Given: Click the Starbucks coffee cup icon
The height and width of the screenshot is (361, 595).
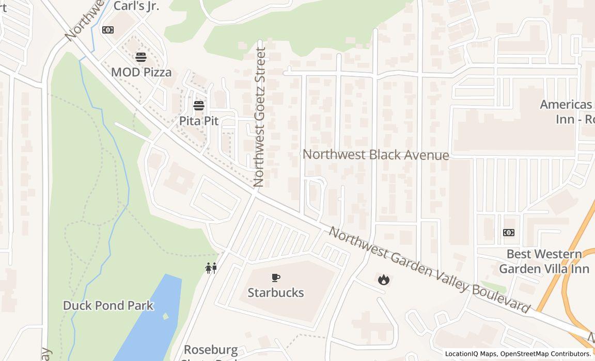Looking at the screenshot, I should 276,278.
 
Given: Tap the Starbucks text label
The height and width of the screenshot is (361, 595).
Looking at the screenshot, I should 276,292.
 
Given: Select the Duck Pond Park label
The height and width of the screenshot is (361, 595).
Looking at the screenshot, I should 108,305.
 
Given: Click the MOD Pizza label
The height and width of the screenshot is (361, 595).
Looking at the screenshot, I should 142,72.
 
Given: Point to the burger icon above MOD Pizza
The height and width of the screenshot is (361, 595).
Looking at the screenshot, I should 141,57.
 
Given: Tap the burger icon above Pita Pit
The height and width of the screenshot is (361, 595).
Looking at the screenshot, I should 199,106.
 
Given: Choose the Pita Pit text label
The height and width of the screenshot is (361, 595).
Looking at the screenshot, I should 199,121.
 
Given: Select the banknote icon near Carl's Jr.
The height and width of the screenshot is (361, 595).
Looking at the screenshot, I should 108,30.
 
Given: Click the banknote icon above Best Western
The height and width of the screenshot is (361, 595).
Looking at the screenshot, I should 509,233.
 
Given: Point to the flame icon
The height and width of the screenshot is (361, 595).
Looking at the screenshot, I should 383,280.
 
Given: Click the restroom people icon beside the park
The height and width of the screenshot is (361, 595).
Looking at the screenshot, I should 211,268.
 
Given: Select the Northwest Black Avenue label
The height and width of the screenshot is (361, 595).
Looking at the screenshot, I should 375,155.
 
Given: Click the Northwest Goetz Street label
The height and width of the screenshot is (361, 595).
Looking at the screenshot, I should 259,117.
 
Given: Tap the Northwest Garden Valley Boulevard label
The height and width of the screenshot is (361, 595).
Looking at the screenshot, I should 429,269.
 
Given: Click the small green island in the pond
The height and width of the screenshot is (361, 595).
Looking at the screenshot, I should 165,316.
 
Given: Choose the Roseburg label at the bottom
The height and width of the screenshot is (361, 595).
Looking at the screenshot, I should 211,350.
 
